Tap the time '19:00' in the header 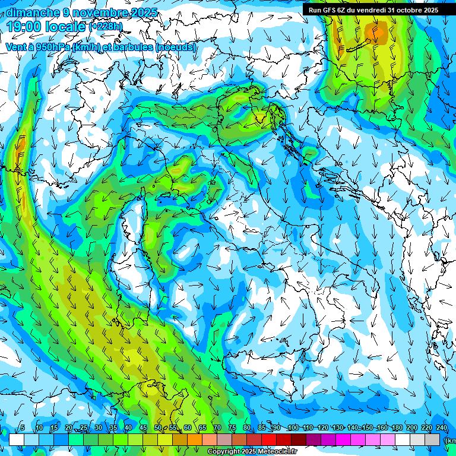coord(27,26)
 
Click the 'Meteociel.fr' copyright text coord(278,452)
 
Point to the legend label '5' coord(23,428)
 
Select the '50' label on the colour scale coord(158,428)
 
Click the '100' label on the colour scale coord(293,428)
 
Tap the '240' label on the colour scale coord(442,428)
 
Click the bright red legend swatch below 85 coord(269,439)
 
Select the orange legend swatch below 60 coord(195,439)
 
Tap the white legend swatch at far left coord(17,439)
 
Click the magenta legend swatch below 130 coord(343,439)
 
